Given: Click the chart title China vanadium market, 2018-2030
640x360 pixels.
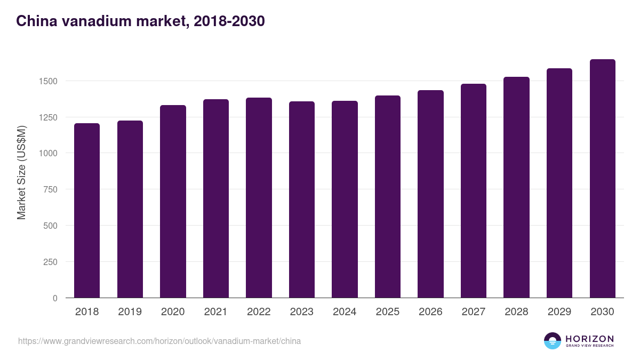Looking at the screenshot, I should tap(140, 21).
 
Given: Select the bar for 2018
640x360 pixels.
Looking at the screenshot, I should tap(87, 210).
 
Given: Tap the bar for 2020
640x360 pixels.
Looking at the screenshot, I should tap(173, 201).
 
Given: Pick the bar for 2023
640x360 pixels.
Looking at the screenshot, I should tap(302, 199).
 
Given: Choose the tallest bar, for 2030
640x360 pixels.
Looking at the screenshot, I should tap(602, 178).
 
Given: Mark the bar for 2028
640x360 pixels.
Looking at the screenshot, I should tap(516, 187).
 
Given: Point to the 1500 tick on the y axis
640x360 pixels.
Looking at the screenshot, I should tap(47, 81).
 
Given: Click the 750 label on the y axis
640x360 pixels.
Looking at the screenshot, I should tap(50, 189).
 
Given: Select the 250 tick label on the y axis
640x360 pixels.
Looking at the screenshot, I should tap(50, 262).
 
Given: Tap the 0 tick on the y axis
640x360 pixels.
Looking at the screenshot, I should tap(55, 298).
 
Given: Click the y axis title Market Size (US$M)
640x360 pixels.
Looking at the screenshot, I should tap(21, 172).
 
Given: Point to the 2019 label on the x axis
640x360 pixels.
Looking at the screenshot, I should tap(130, 312).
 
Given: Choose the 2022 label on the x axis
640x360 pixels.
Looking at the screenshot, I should tap(259, 312).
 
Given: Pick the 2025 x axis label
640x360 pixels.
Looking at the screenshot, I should tap(388, 312).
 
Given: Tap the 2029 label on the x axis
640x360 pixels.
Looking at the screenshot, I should tap(559, 312).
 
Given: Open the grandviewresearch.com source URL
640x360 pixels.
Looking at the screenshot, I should tap(159, 341).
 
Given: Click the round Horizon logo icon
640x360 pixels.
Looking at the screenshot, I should tap(553, 341).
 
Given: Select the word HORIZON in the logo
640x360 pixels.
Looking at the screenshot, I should tap(589, 339).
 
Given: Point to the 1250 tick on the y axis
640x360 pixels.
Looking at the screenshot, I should tap(47, 117).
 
